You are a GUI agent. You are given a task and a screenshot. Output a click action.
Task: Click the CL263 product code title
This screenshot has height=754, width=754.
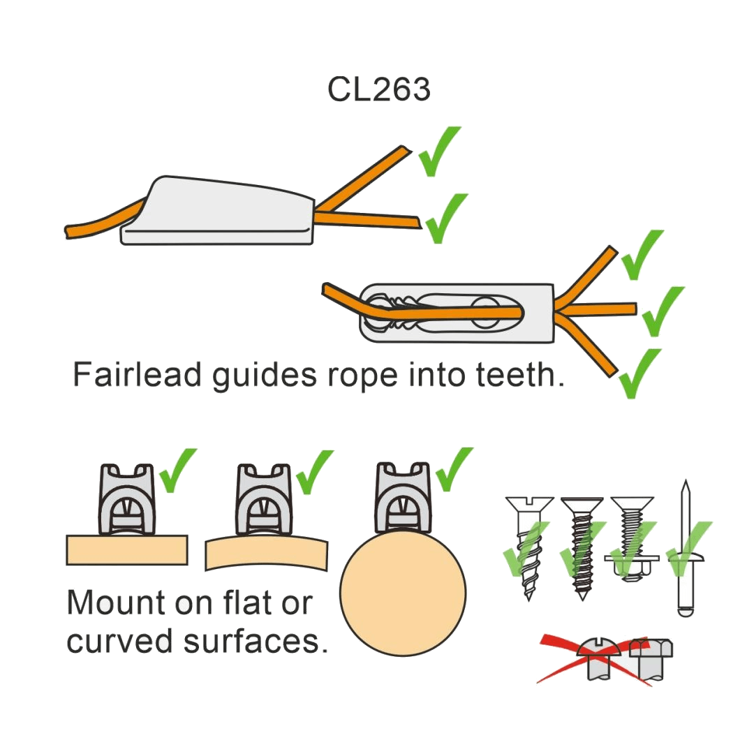(x=379, y=89)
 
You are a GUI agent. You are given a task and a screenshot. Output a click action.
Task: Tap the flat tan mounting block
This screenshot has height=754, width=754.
(x=127, y=549)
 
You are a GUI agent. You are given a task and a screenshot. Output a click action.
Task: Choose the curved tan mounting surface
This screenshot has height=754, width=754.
(x=266, y=552)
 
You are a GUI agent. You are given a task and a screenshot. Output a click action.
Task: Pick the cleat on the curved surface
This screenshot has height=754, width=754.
(x=263, y=498)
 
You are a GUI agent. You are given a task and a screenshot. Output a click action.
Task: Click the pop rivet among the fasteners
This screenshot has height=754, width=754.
(x=686, y=552)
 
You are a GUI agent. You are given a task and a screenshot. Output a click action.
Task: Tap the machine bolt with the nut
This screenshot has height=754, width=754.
(x=631, y=538)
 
